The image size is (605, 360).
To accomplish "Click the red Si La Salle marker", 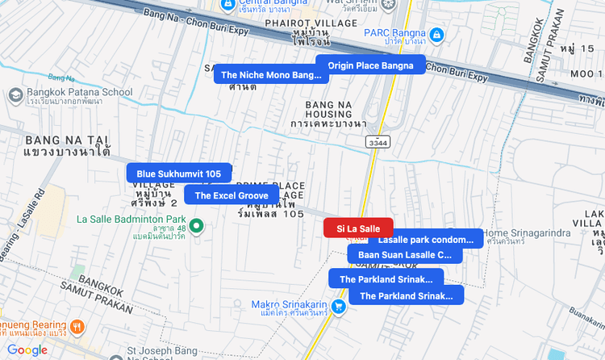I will pyautogui.click(x=357, y=228).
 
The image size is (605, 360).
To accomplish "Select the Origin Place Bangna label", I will pyautogui.click(x=370, y=65).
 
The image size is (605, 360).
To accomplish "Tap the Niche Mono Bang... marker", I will pyautogui.click(x=270, y=75).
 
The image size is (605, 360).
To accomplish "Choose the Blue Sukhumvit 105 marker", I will pyautogui.click(x=178, y=174).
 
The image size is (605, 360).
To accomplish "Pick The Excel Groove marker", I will pyautogui.click(x=231, y=195).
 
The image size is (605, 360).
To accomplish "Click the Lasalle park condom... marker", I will pyautogui.click(x=425, y=240).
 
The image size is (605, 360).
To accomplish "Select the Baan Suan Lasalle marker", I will pyautogui.click(x=405, y=255).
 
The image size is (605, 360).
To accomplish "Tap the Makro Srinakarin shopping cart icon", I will pyautogui.click(x=338, y=306).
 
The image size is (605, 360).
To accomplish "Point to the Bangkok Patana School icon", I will pyautogui.click(x=15, y=94).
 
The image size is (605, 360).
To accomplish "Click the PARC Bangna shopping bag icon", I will pyautogui.click(x=436, y=35).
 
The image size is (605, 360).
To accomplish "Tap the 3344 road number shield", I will pyautogui.click(x=377, y=142).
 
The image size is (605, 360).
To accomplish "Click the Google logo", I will pyautogui.click(x=27, y=350).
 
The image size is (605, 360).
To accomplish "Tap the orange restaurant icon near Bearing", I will pyautogui.click(x=77, y=327).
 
